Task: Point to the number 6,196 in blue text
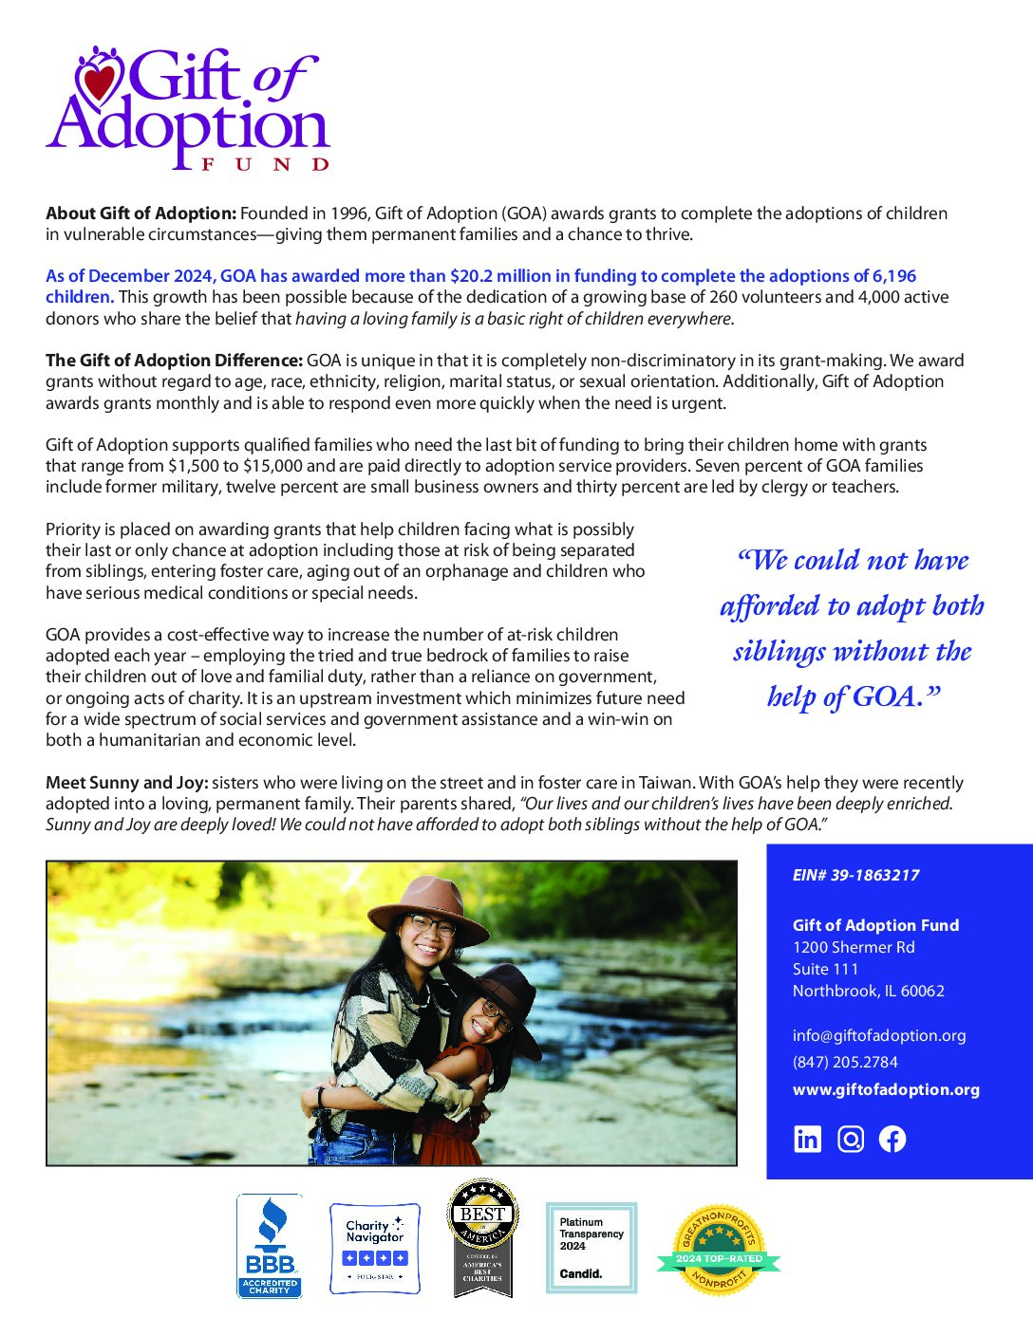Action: (x=894, y=276)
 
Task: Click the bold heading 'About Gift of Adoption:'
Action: (x=141, y=213)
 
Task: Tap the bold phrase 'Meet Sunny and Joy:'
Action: (x=126, y=783)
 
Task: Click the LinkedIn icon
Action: (x=807, y=1139)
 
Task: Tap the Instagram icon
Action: (x=851, y=1139)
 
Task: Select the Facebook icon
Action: (x=892, y=1139)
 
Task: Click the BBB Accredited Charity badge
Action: (x=270, y=1246)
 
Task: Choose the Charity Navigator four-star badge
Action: (x=375, y=1248)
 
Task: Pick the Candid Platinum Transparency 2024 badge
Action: (x=592, y=1248)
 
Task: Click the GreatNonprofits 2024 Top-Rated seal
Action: (x=718, y=1251)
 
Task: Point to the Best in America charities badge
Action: (x=482, y=1238)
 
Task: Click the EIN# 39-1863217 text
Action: (x=855, y=876)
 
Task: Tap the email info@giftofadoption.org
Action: (x=879, y=1036)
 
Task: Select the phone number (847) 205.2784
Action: (x=845, y=1063)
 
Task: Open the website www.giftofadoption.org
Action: (x=886, y=1090)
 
